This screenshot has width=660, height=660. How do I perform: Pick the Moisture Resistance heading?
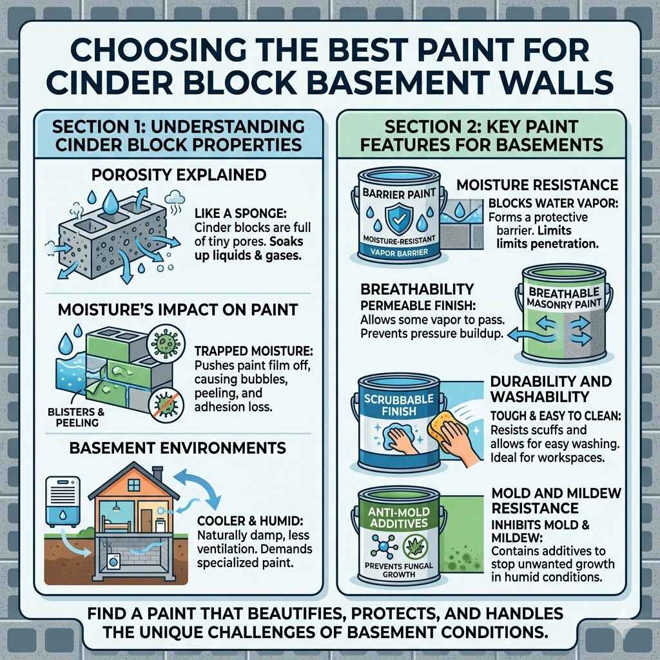coord(537,185)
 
